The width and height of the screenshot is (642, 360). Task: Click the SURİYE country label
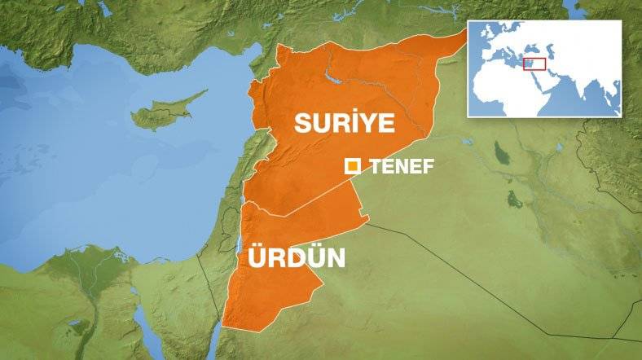point(344,123)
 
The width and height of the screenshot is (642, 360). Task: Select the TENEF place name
point(402,167)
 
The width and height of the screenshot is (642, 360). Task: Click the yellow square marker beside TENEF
point(354,166)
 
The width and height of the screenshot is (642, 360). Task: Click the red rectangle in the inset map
point(533,64)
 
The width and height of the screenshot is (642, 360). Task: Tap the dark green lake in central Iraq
point(515,199)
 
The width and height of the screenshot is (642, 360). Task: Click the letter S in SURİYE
point(303,123)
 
